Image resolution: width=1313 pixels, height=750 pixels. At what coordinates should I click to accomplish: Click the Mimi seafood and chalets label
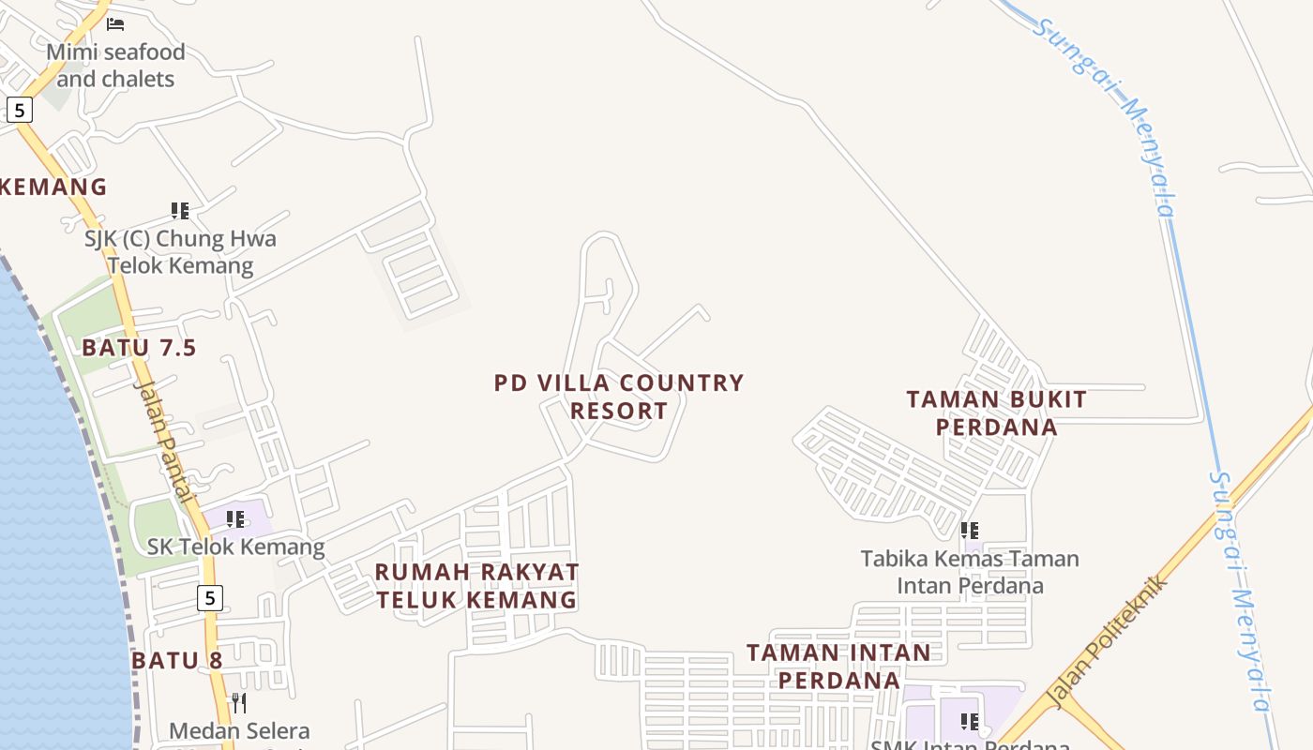(115, 65)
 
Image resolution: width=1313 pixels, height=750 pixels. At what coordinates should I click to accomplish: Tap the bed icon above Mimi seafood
(115, 23)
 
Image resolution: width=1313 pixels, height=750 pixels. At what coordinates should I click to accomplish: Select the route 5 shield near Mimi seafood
(19, 110)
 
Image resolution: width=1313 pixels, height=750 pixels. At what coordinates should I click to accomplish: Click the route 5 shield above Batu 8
(210, 597)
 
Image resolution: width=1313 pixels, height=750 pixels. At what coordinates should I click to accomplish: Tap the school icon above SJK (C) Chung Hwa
(180, 211)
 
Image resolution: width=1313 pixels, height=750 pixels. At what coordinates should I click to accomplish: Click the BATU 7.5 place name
(139, 348)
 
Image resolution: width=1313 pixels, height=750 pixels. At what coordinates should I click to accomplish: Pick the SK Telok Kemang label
(235, 547)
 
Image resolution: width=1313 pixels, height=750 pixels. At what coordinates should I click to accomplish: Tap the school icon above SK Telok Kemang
(235, 518)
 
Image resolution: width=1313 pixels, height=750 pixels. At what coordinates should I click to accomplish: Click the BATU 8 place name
(177, 660)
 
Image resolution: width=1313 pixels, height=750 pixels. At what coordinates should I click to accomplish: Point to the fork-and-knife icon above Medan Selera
(239, 702)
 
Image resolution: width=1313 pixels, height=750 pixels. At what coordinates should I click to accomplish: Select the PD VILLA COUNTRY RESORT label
(619, 397)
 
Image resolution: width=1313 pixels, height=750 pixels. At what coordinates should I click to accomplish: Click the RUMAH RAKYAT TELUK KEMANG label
(476, 585)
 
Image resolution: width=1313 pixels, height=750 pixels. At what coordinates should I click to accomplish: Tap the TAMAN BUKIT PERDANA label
(996, 412)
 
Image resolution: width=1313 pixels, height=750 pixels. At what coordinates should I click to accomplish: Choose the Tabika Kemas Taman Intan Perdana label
(970, 572)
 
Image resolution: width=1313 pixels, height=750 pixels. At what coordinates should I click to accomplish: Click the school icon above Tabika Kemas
(970, 531)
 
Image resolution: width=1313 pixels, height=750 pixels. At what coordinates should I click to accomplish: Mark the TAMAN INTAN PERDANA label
(838, 666)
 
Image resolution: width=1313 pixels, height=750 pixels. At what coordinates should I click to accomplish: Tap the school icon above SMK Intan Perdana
(970, 721)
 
